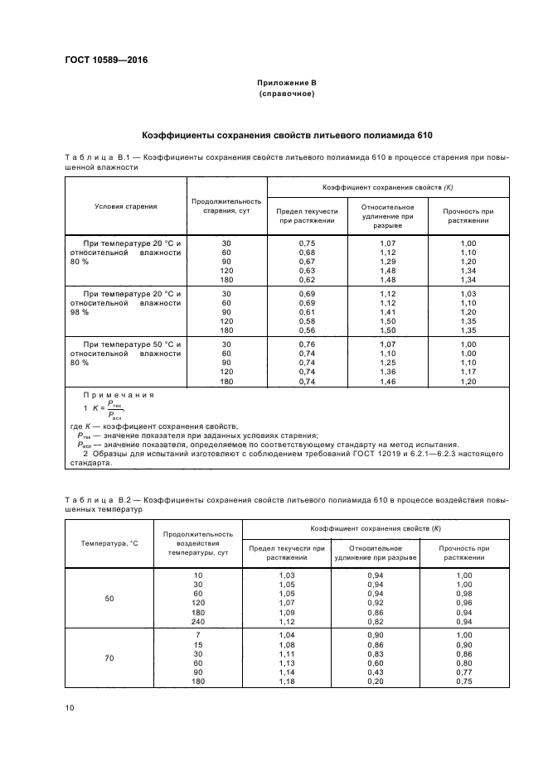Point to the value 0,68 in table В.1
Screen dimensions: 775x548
(x=307, y=252)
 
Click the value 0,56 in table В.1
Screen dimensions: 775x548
(x=307, y=331)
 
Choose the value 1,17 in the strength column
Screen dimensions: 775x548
(x=469, y=372)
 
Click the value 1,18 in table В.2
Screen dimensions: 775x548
(x=287, y=681)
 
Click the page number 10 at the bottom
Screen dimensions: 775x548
(x=70, y=708)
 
